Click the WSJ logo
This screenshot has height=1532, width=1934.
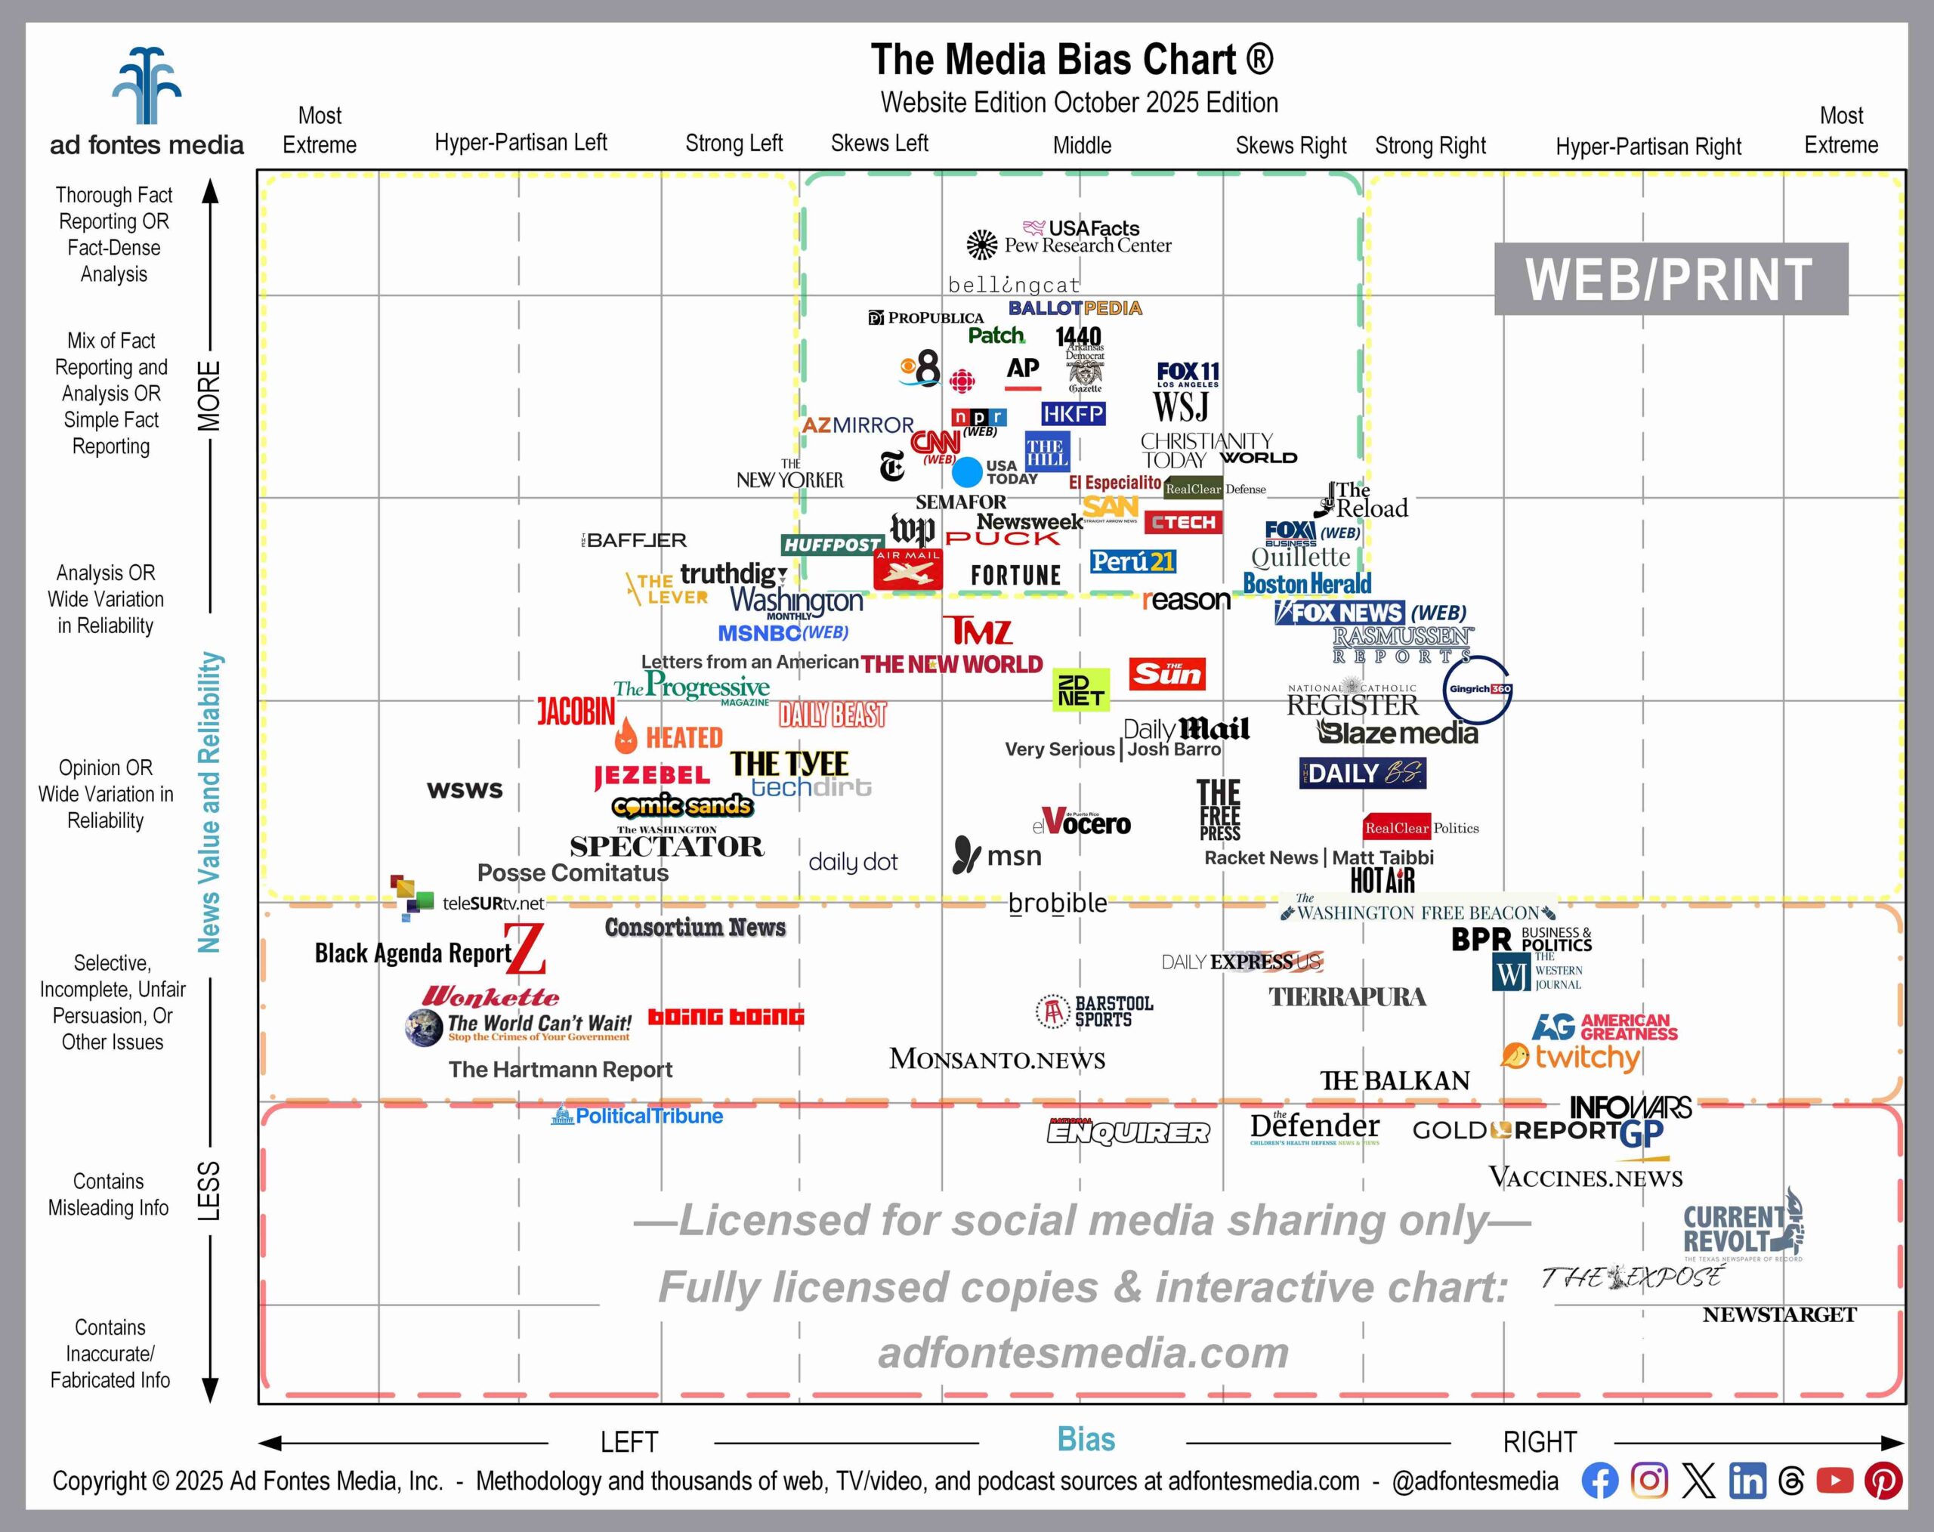coord(1181,406)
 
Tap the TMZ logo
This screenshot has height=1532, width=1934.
coord(977,631)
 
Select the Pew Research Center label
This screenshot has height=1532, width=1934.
coord(1086,246)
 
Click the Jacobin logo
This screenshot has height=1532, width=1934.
coord(576,712)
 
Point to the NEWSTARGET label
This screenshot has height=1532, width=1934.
coord(1779,1315)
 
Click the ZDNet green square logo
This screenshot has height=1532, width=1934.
coord(1080,690)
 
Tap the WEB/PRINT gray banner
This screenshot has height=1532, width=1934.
coord(1670,279)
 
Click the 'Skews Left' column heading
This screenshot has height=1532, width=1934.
coord(879,144)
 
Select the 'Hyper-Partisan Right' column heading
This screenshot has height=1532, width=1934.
coord(1648,147)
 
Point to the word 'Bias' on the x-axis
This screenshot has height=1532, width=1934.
coord(1086,1439)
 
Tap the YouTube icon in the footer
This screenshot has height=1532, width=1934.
coord(1834,1480)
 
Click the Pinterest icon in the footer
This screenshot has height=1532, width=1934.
coord(1882,1480)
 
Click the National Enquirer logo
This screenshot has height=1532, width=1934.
coord(1128,1132)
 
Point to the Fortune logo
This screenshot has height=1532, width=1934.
coord(1015,575)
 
